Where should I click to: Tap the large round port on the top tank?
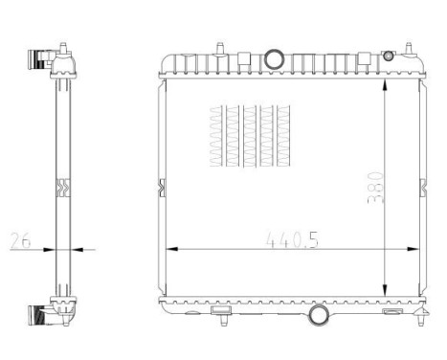[x=274, y=57]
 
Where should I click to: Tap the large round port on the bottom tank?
[x=317, y=313]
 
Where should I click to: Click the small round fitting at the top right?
[x=389, y=56]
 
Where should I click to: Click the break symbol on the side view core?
[x=63, y=186]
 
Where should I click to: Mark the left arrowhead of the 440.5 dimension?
[x=173, y=250]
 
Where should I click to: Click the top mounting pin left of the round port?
[x=219, y=45]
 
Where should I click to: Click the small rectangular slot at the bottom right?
[x=391, y=310]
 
